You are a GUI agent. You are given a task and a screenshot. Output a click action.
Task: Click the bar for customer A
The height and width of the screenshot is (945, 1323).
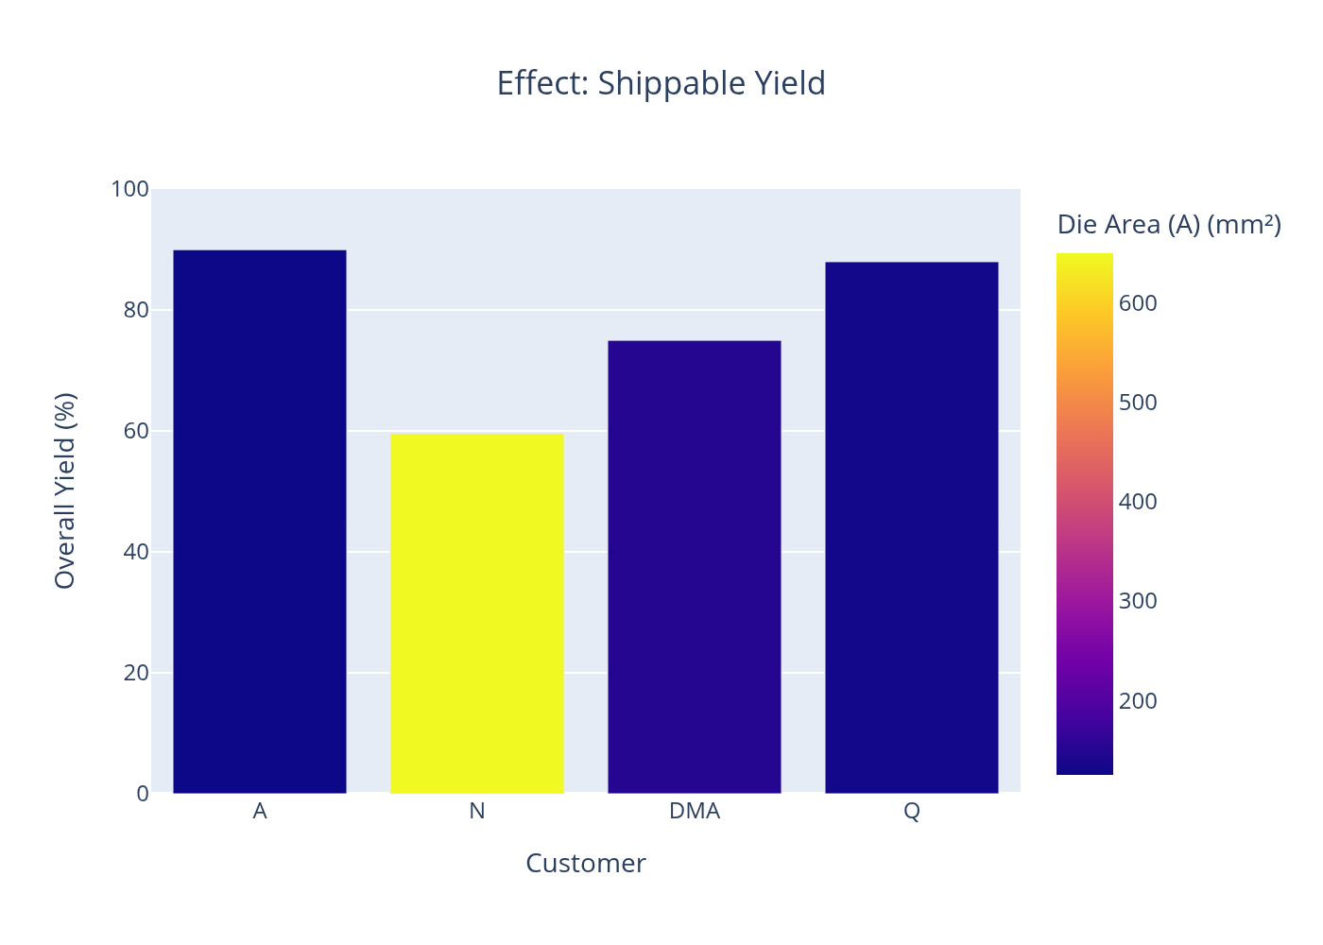tap(260, 522)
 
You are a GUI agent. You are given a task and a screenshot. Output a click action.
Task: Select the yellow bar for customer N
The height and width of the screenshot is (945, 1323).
tap(477, 613)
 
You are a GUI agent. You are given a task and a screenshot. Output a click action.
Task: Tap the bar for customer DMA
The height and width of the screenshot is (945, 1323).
tap(695, 567)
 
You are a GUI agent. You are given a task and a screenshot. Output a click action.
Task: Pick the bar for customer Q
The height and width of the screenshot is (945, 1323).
tap(912, 527)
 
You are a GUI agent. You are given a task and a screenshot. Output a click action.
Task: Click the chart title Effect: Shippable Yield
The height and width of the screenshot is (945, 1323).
tap(661, 83)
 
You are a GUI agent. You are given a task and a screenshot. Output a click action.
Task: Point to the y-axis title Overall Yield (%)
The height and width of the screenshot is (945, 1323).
tap(64, 490)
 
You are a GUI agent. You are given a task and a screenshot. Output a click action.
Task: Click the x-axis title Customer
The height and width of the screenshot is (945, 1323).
tap(586, 863)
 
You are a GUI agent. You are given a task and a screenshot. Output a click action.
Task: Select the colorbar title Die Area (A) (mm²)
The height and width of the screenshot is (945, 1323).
tap(1169, 225)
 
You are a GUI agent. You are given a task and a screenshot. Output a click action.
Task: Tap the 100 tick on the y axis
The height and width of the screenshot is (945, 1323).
tap(129, 189)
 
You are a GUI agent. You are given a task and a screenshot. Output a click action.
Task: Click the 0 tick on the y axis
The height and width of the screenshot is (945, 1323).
tap(142, 794)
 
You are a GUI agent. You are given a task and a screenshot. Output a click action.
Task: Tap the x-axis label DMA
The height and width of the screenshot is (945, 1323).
tap(695, 811)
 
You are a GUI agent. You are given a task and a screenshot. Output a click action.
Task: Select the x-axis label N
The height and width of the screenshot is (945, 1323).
tap(477, 811)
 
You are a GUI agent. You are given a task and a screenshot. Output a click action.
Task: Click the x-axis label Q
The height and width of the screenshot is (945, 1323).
tap(912, 811)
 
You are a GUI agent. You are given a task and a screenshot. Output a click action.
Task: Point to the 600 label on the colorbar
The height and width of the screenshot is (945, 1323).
tap(1138, 303)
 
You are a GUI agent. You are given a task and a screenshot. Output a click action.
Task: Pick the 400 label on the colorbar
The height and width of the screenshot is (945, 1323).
tap(1138, 502)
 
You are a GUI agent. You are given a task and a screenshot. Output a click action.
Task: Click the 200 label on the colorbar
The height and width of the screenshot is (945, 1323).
tap(1138, 701)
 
